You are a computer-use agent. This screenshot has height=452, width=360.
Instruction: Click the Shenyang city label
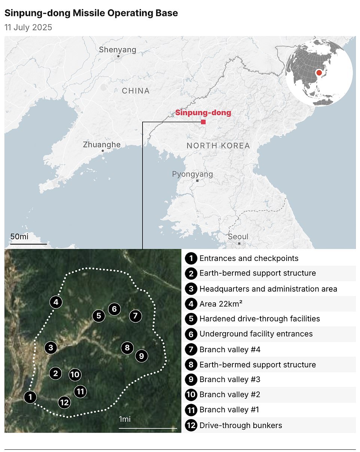[x=118, y=50]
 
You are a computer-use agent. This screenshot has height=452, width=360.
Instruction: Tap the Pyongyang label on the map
[x=192, y=174]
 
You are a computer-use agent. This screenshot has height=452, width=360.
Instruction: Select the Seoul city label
[x=238, y=237]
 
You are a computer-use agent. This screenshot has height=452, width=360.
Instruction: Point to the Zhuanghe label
[x=102, y=145]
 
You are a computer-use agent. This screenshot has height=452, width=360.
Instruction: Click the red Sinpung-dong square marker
[x=203, y=122]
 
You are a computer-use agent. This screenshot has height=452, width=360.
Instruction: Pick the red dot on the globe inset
[x=319, y=73]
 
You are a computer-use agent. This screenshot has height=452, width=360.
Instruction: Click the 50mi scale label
[x=19, y=237]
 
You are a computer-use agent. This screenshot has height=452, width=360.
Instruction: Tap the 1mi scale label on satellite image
[x=125, y=419]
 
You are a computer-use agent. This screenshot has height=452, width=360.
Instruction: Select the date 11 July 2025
[x=28, y=27]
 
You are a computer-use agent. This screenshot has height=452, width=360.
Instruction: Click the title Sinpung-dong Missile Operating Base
[x=91, y=13]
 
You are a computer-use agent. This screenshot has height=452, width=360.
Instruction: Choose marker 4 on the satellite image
[x=56, y=302]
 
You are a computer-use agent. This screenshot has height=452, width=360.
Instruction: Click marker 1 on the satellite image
[x=30, y=397]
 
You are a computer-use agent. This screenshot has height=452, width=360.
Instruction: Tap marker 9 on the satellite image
[x=141, y=356]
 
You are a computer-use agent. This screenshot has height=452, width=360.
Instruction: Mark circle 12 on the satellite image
[x=64, y=402]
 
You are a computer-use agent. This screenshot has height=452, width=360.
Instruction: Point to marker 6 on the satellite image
[x=115, y=309]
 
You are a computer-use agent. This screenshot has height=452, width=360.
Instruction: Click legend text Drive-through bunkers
[x=241, y=425]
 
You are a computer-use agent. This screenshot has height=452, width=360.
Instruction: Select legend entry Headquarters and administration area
[x=268, y=289]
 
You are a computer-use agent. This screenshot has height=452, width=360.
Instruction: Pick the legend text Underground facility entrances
[x=256, y=333]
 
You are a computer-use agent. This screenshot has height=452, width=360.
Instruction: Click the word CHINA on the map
[x=135, y=91]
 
